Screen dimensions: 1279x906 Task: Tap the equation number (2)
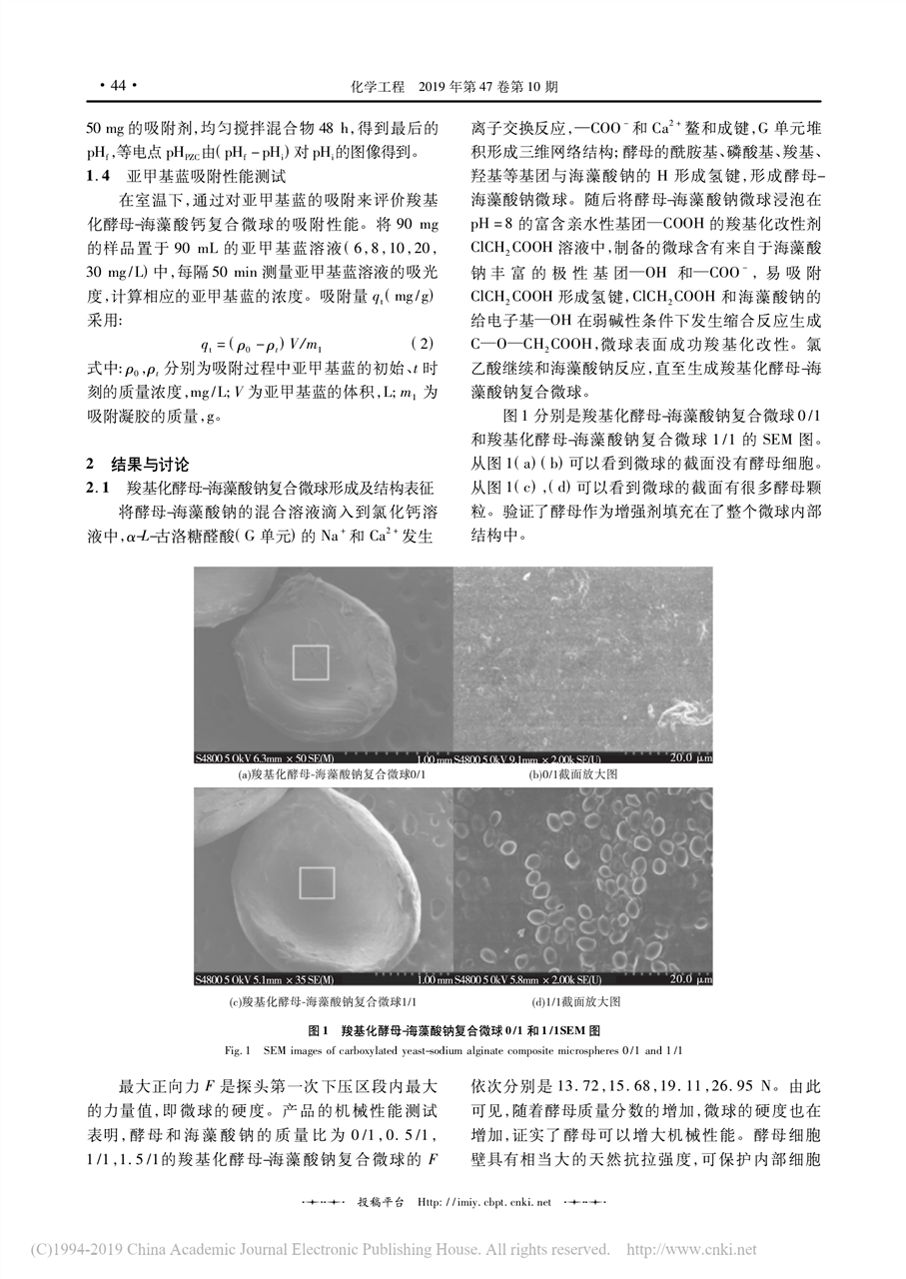coord(424,343)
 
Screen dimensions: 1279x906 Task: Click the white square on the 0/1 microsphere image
coord(310,662)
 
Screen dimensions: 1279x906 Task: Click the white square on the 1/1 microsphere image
coord(317,883)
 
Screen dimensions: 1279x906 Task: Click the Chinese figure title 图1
coord(319,1028)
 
